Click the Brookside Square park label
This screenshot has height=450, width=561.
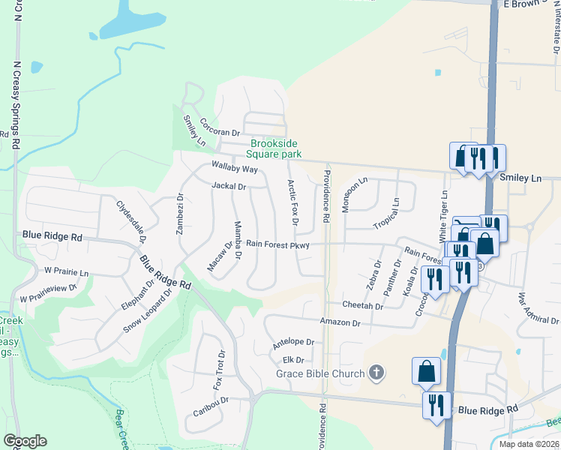(x=275, y=148)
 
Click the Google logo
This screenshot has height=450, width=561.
(x=25, y=441)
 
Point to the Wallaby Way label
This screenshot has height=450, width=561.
(x=235, y=169)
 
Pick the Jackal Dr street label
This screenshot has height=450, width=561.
(x=229, y=186)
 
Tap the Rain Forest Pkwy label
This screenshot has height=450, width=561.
(x=277, y=244)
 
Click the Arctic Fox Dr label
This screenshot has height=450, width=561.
(x=293, y=202)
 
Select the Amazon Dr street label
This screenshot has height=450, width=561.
(x=340, y=322)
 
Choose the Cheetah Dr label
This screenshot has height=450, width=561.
(x=362, y=306)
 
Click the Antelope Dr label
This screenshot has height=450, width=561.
(x=293, y=342)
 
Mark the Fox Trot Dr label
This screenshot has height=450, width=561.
(x=219, y=370)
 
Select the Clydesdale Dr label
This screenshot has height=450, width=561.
(x=130, y=221)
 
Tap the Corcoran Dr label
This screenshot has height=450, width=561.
(x=219, y=131)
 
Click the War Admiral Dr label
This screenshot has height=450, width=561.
(x=537, y=309)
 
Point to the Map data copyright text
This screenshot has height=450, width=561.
(x=529, y=444)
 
